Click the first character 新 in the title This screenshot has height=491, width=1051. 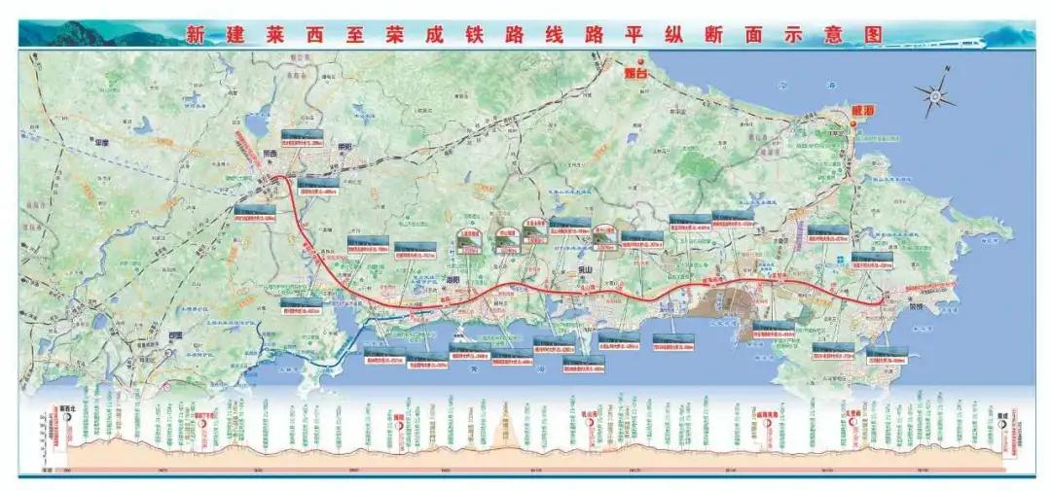coord(196,35)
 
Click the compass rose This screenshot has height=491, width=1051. coord(935,95)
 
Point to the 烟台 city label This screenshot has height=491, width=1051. coord(635,71)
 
